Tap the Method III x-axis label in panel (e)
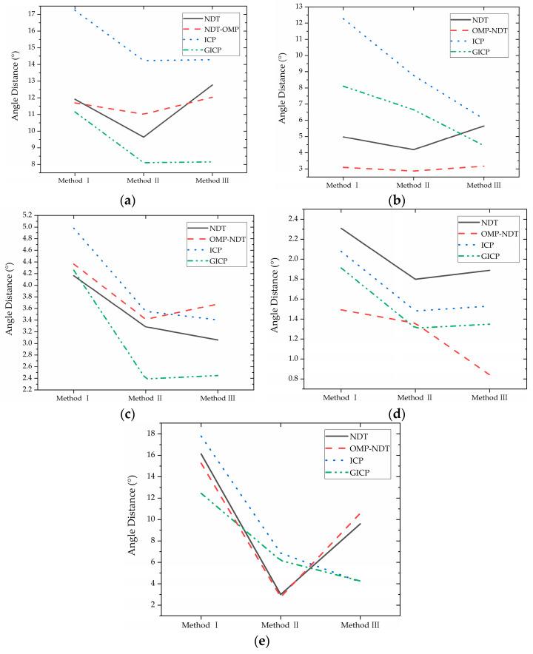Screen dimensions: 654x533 click(x=361, y=626)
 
